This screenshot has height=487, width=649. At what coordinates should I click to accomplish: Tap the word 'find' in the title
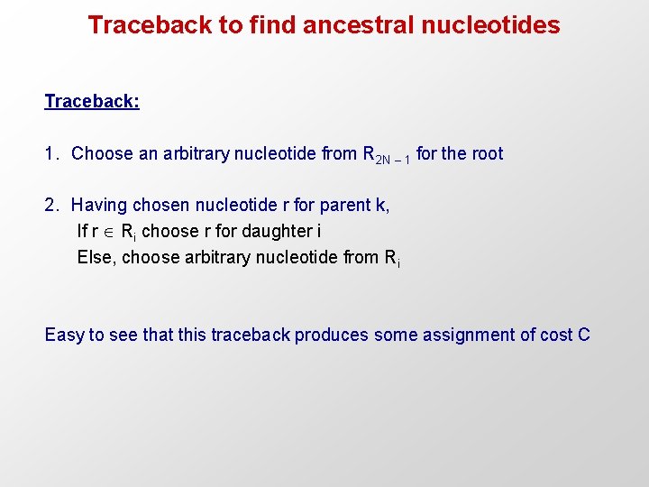coord(273,25)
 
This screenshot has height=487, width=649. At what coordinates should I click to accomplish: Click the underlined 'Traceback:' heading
coord(92,101)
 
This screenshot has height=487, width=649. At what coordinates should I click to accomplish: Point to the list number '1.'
coord(51,154)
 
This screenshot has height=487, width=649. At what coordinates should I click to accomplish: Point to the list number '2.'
coord(51,206)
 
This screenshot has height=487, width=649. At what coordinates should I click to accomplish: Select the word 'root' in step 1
coord(487,154)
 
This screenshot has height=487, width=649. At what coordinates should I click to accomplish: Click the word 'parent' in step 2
coord(344,206)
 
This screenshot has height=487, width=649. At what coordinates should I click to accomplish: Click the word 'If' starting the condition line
coord(82,232)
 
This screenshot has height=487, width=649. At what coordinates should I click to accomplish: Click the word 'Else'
coord(96,258)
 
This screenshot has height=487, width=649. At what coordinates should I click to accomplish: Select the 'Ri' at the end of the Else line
coord(391,259)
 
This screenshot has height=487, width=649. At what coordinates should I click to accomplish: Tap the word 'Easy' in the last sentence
coord(64,335)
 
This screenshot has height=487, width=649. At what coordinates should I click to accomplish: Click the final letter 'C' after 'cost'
coord(583,335)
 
